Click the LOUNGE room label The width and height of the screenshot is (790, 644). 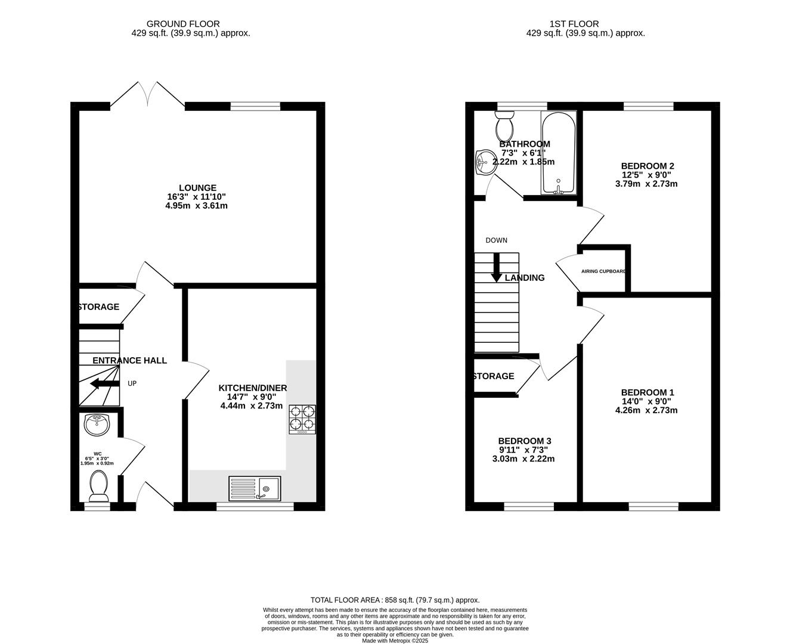(x=196, y=188)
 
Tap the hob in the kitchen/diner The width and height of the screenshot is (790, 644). (x=302, y=419)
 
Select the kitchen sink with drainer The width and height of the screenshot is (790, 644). (x=255, y=488)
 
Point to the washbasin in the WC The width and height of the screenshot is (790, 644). (x=97, y=425)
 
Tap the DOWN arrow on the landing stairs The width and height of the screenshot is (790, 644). (x=496, y=268)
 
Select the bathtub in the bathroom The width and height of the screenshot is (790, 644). (x=559, y=153)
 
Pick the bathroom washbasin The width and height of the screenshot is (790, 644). (x=487, y=162)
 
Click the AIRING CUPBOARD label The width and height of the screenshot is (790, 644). (x=603, y=271)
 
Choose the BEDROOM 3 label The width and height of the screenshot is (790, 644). (x=525, y=441)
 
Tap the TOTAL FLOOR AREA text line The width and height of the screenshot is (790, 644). (x=395, y=600)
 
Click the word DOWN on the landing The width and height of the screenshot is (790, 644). (x=496, y=240)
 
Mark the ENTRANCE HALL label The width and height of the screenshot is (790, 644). (x=129, y=360)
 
